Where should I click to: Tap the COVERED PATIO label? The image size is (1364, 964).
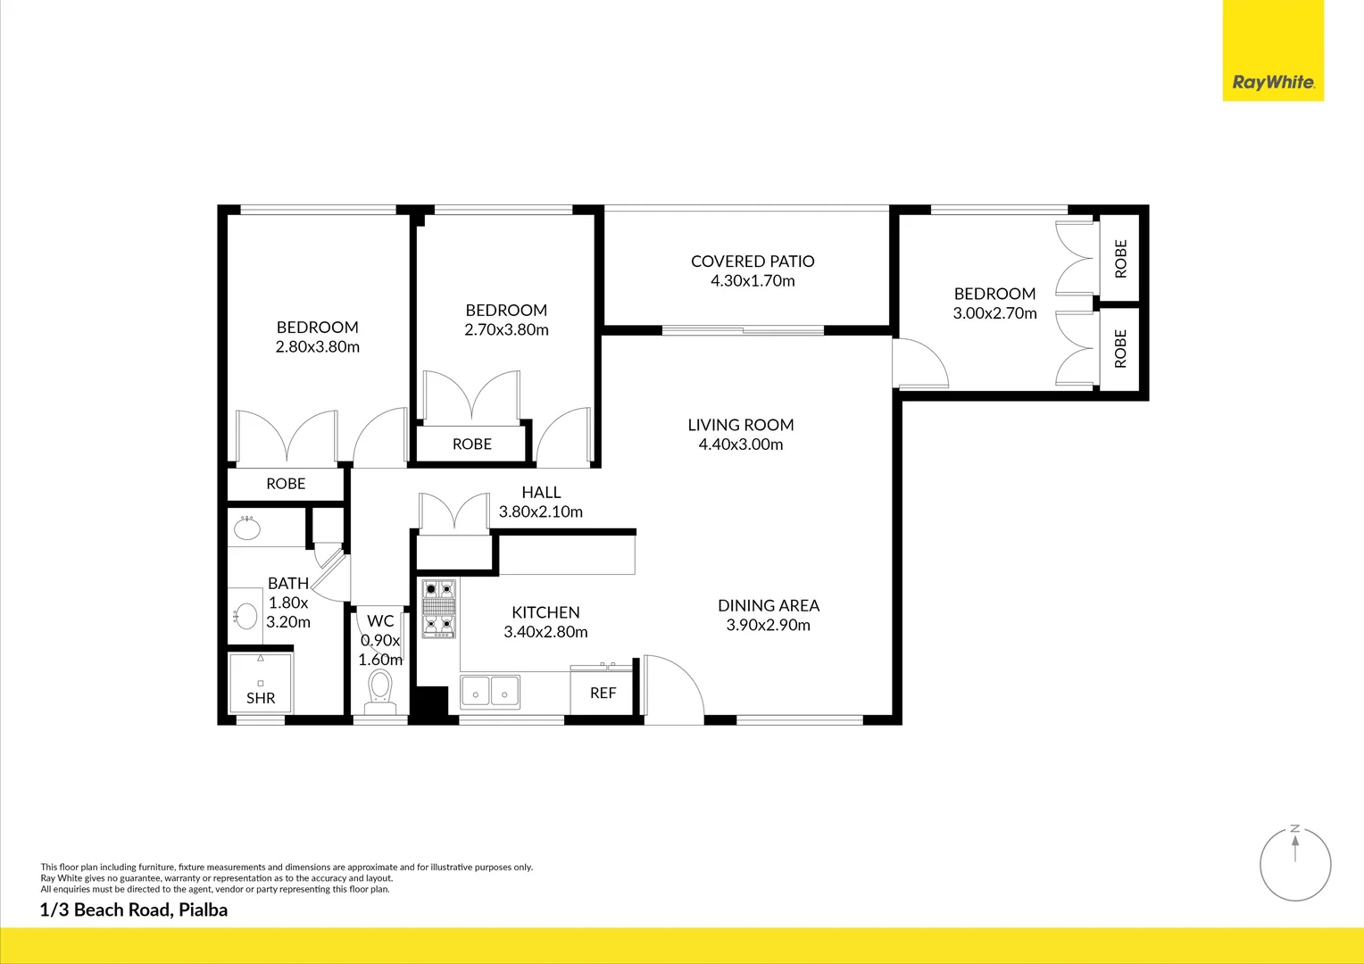pos(753,262)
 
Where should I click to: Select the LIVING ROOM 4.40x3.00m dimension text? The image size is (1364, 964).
pos(740,445)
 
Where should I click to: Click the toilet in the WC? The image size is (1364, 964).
pos(380,691)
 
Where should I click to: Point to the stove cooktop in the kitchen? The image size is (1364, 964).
pos(438,609)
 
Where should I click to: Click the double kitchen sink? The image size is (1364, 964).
pos(490,692)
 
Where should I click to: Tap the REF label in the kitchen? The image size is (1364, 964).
pos(603,693)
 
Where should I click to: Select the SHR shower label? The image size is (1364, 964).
pos(261,698)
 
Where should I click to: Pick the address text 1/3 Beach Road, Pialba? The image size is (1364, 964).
pos(134,910)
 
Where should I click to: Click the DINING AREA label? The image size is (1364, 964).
pos(769,605)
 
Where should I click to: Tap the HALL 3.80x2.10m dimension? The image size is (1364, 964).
pos(541,511)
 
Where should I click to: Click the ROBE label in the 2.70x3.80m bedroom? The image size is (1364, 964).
pos(472,444)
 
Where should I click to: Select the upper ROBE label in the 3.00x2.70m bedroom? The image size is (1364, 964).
pos(1121,259)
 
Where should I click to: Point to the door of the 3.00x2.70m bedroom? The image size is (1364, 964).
pos(920,363)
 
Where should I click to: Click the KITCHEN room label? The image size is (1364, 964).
pos(545,612)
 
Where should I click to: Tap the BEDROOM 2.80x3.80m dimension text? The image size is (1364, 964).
pos(317,347)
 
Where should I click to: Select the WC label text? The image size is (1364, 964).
pos(380,621)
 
